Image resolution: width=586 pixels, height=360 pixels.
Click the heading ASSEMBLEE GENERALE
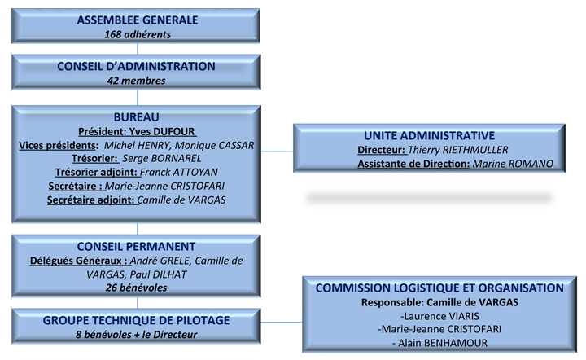[138, 20]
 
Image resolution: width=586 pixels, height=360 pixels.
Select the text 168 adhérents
[138, 34]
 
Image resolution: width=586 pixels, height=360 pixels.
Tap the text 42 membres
[137, 81]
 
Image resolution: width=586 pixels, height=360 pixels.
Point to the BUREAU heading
[137, 117]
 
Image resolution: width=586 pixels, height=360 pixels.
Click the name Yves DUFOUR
[162, 132]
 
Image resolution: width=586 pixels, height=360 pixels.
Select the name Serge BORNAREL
[162, 159]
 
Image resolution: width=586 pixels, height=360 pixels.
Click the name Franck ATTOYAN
[179, 173]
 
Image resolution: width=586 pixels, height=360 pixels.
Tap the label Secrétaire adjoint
[90, 200]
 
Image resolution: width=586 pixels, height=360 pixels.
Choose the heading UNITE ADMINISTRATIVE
[430, 135]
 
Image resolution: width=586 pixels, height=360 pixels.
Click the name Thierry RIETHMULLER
[457, 150]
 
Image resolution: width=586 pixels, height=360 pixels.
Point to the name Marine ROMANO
[513, 164]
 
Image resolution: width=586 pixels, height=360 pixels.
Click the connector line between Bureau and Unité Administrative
[277, 151]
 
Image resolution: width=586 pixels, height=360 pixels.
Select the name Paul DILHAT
[158, 274]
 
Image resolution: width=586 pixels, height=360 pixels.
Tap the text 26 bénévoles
[137, 288]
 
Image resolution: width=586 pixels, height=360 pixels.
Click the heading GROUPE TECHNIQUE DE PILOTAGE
[137, 320]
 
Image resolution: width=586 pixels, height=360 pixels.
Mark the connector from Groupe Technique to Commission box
[282, 322]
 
